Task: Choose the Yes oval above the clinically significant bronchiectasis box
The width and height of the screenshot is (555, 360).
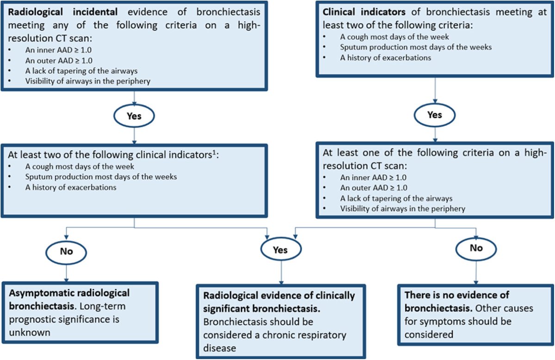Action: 280,250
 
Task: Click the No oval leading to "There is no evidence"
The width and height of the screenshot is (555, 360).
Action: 476,248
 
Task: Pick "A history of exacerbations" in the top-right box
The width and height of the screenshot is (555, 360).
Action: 386,58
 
